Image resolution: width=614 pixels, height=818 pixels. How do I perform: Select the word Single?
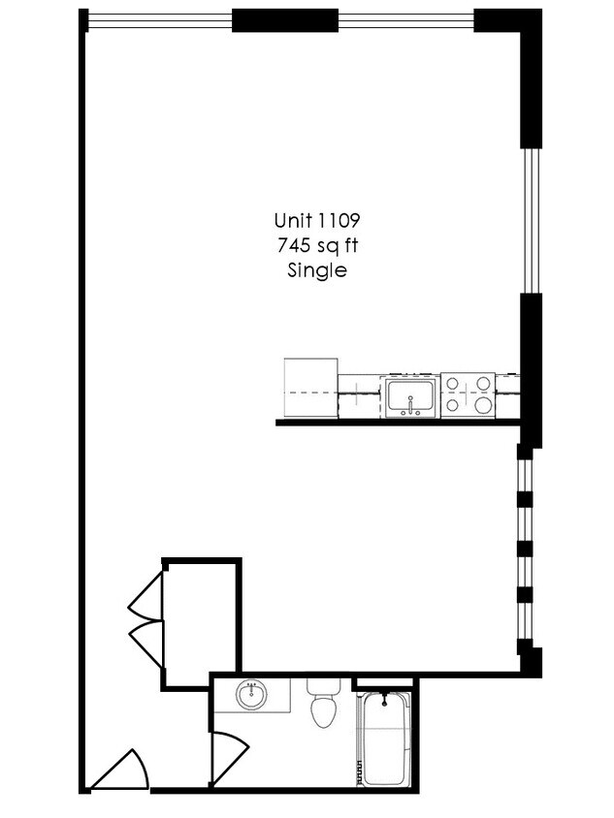(316, 271)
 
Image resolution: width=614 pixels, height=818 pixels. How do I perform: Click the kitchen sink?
(412, 395)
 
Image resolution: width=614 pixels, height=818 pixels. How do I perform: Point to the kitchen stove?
(468, 393)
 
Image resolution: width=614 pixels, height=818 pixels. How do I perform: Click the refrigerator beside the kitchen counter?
(310, 387)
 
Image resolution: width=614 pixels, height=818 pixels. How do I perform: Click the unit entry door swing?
(123, 771)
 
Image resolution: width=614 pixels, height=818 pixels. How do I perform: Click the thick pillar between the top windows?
(284, 20)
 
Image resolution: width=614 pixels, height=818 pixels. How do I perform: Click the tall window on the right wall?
(530, 219)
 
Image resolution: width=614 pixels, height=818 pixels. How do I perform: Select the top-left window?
(160, 18)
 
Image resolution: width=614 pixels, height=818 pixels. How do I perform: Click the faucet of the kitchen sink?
(412, 405)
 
